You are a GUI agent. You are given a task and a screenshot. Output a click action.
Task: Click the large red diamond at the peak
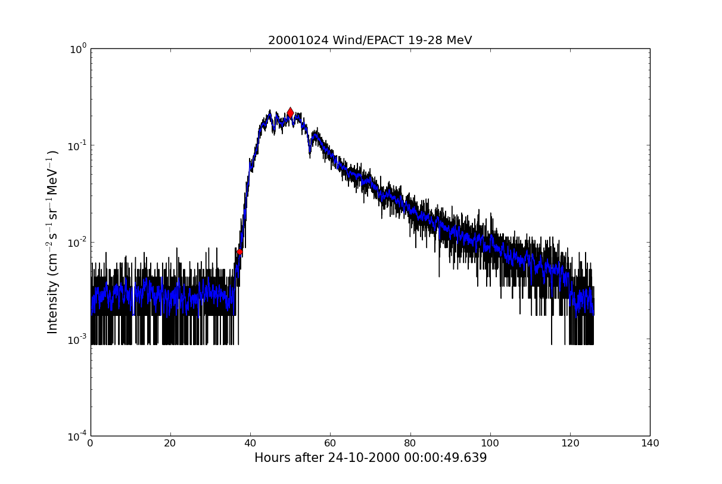coord(290,113)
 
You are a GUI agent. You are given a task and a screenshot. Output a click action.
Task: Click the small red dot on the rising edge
coord(239,252)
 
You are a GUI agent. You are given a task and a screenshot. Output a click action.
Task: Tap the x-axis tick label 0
coord(91,443)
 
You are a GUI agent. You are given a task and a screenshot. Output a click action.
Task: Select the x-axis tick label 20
coord(170,443)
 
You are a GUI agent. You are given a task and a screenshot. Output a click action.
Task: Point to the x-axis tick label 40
coord(250,443)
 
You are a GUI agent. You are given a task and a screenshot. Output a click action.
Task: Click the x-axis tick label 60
coord(330,443)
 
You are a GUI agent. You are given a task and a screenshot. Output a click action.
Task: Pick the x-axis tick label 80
coord(410,443)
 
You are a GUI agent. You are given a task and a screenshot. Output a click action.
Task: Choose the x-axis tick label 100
coord(490,443)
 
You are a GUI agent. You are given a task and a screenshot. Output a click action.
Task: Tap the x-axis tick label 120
coord(570,443)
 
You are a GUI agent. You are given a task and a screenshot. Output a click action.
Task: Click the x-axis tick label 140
coord(650,443)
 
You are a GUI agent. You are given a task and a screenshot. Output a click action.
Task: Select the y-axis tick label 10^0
coord(78,49)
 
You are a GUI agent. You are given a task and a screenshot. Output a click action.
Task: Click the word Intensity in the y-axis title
coord(53,307)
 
